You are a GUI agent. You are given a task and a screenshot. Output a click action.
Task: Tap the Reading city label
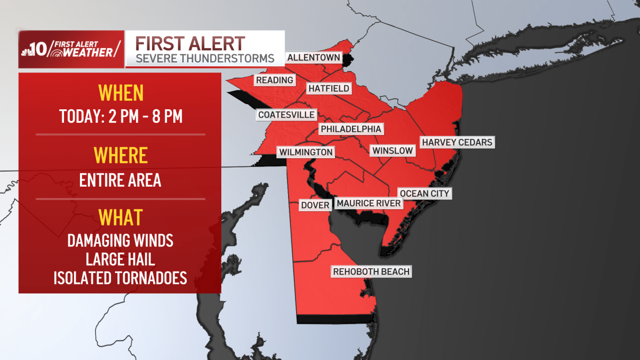tap(275, 80)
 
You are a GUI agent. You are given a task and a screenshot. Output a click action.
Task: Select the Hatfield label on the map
tap(328, 89)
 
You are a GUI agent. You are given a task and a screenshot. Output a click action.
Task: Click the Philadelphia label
tap(351, 129)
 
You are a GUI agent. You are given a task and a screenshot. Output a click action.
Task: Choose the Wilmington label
tap(306, 153)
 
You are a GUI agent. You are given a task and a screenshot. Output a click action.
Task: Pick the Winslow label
tap(393, 150)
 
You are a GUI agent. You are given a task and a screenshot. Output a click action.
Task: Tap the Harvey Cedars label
tap(457, 142)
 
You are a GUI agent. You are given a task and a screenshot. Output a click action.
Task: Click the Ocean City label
tap(425, 193)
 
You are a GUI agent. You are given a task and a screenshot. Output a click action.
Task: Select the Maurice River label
tap(368, 203)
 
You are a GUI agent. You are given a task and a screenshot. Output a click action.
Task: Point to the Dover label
tap(315, 205)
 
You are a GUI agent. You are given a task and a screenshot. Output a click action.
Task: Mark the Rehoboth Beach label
tap(371, 272)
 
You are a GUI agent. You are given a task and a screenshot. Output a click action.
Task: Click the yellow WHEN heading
tap(121, 93)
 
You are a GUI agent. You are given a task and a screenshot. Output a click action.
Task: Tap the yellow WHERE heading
tap(121, 155)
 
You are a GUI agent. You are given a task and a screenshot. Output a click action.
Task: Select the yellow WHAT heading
tap(121, 218)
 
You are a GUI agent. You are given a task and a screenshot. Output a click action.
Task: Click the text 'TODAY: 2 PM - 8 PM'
tap(121, 117)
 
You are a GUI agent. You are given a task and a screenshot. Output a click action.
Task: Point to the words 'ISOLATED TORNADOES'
tap(121, 278)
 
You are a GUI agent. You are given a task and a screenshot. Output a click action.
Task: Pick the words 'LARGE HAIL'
tap(121, 260)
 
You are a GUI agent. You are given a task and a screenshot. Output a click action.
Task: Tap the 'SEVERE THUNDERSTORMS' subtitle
tap(205, 58)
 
